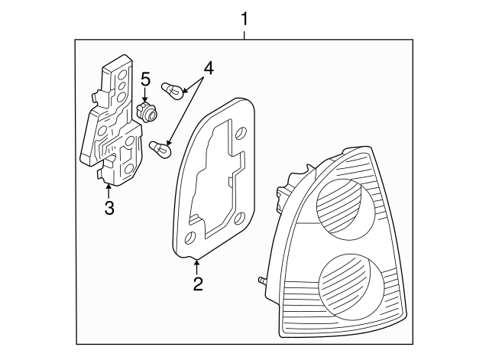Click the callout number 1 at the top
pyautogui.click(x=244, y=17)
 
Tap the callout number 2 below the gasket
pyautogui.click(x=197, y=284)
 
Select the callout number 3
pyautogui.click(x=109, y=207)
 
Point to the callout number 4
pyautogui.click(x=208, y=67)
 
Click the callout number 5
pyautogui.click(x=145, y=79)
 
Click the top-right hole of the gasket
pyautogui.click(x=241, y=134)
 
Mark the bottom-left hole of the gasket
pyautogui.click(x=190, y=237)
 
